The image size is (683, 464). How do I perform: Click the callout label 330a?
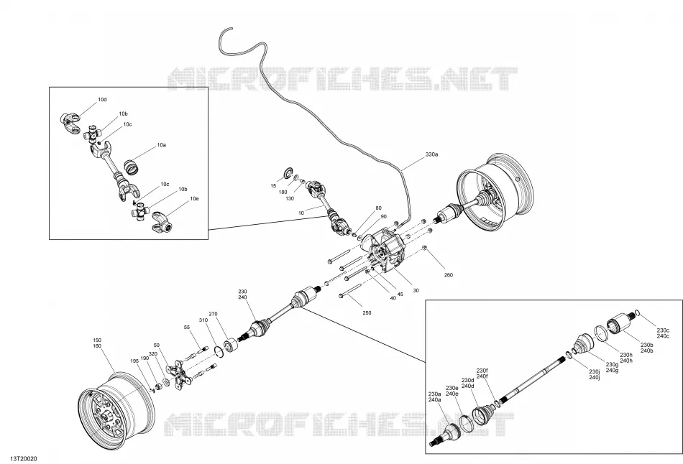click(x=431, y=154)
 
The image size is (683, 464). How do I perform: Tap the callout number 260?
click(x=448, y=274)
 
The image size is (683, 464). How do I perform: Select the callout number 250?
click(x=367, y=312)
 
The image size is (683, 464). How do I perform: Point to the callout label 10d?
click(x=102, y=100)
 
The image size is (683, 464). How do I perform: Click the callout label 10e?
click(x=194, y=198)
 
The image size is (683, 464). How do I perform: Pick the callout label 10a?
click(x=162, y=144)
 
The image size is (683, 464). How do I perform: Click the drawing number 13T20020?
click(x=18, y=459)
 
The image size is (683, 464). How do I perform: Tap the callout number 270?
click(x=213, y=314)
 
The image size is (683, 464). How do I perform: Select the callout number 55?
click(x=187, y=327)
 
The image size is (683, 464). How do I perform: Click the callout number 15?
click(x=273, y=186)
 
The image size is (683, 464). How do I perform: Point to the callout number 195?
click(x=135, y=361)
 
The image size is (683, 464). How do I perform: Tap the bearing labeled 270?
click(x=231, y=345)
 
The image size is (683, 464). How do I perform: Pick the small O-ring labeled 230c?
click(x=637, y=313)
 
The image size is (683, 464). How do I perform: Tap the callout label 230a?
click(x=435, y=394)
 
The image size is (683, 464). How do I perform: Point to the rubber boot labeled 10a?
click(x=131, y=166)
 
